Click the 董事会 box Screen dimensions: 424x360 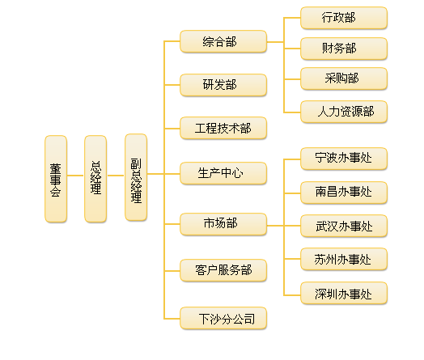[x=56, y=179]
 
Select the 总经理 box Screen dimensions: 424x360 [x=95, y=179]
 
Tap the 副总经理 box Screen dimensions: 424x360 [x=136, y=177]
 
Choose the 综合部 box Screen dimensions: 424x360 [x=223, y=41]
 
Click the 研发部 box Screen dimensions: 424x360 [x=223, y=85]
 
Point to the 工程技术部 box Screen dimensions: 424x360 [x=223, y=128]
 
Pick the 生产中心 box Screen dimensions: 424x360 [x=223, y=173]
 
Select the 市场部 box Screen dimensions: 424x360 [x=223, y=224]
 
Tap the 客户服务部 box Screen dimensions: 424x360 [x=223, y=270]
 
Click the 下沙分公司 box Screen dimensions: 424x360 [x=223, y=318]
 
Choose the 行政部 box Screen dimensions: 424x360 [x=344, y=18]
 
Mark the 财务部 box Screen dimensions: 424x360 [x=344, y=49]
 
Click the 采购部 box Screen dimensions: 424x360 [x=344, y=78]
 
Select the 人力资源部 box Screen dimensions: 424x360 [x=344, y=112]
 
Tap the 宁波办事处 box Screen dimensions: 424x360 [x=344, y=159]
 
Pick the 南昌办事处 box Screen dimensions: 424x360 [x=344, y=193]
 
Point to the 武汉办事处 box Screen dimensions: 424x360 [x=344, y=226]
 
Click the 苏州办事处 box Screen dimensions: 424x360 [x=344, y=259]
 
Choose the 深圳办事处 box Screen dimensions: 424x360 [x=344, y=293]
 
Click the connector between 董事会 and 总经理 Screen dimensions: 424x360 [x=75, y=176]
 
